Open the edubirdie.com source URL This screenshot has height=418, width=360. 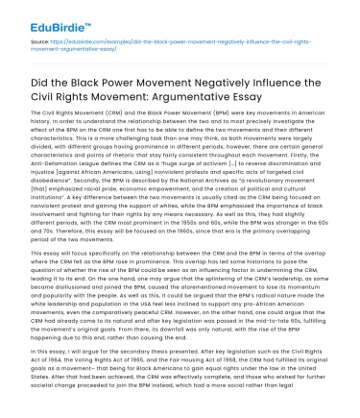point(173,45)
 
